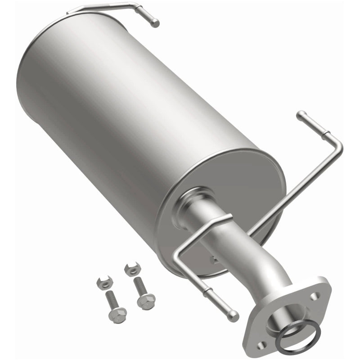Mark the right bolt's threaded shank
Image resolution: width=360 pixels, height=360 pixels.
(139, 286)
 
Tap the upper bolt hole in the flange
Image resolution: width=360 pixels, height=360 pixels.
(317, 297)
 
